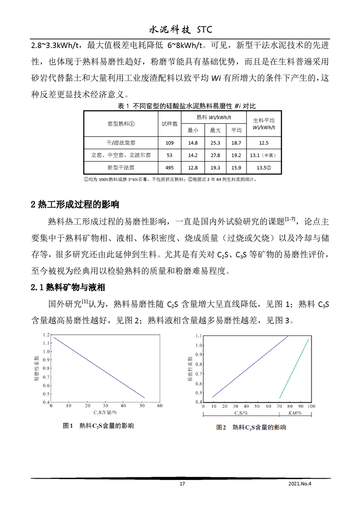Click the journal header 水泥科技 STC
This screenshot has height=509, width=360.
pos(180,30)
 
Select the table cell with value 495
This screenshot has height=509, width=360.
pos(169,167)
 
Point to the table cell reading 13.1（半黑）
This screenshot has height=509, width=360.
pos(263,155)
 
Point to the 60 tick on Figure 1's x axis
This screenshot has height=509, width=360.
pos(159,406)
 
